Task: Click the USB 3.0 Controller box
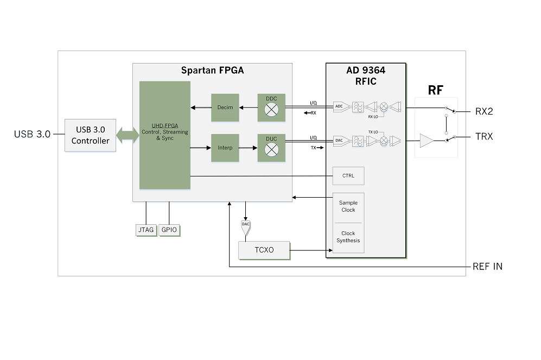click(90, 135)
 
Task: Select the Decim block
click(225, 108)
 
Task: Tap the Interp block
click(225, 148)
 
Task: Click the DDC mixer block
click(271, 108)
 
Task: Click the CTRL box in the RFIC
click(348, 176)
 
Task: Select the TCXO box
click(264, 250)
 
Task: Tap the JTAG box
click(146, 230)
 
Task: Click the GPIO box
click(169, 230)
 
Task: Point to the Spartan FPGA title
click(212, 71)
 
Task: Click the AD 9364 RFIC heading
click(365, 75)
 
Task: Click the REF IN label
click(487, 267)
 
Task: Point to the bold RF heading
click(435, 90)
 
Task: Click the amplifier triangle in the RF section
click(427, 141)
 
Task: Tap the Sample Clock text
click(348, 206)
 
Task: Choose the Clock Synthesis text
click(348, 237)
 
